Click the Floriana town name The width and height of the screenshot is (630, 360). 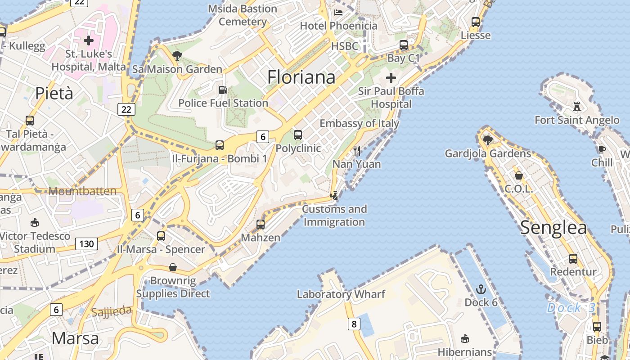click(301, 77)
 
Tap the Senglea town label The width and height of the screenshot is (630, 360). click(553, 228)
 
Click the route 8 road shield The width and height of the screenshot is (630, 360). click(354, 324)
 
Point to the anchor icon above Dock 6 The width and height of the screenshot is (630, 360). click(481, 289)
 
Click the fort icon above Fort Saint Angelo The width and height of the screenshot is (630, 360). click(577, 107)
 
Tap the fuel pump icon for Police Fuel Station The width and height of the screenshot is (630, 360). click(223, 90)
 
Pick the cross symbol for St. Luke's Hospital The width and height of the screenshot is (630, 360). click(89, 40)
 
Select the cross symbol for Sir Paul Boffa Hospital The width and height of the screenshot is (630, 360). click(391, 78)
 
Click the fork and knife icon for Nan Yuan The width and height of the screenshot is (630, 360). click(357, 151)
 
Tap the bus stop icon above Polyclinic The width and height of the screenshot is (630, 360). click(298, 135)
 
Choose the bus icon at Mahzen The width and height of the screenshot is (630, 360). click(261, 224)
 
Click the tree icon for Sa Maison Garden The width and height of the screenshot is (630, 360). click(177, 56)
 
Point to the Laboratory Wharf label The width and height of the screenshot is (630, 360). click(341, 294)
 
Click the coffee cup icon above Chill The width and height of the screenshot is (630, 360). click(602, 149)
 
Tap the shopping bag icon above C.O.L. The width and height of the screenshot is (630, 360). click(518, 175)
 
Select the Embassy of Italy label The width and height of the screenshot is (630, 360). click(359, 123)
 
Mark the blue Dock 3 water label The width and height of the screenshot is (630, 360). click(571, 308)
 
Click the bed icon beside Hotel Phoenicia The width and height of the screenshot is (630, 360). click(338, 13)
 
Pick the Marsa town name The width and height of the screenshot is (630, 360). click(75, 338)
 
